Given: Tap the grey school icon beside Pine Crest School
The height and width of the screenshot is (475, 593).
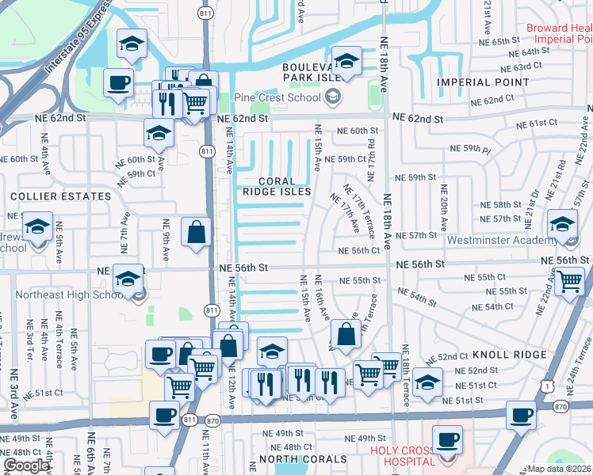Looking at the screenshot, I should coord(333,97).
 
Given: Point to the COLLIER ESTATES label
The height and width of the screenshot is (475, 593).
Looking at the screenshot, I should coord(60,196).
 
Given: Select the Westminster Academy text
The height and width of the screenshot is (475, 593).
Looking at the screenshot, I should coord(496,240).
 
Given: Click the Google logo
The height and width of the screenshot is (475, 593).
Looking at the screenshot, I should coord(25,465).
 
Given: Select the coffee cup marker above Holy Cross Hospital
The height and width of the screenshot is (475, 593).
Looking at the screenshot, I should coord(446,438).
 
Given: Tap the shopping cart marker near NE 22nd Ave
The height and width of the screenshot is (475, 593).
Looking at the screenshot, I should coord(568,281).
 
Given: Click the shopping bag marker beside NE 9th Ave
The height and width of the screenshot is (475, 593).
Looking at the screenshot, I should coord(196,233).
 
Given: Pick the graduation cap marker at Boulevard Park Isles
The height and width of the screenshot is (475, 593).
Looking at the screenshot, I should coord(346,60).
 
